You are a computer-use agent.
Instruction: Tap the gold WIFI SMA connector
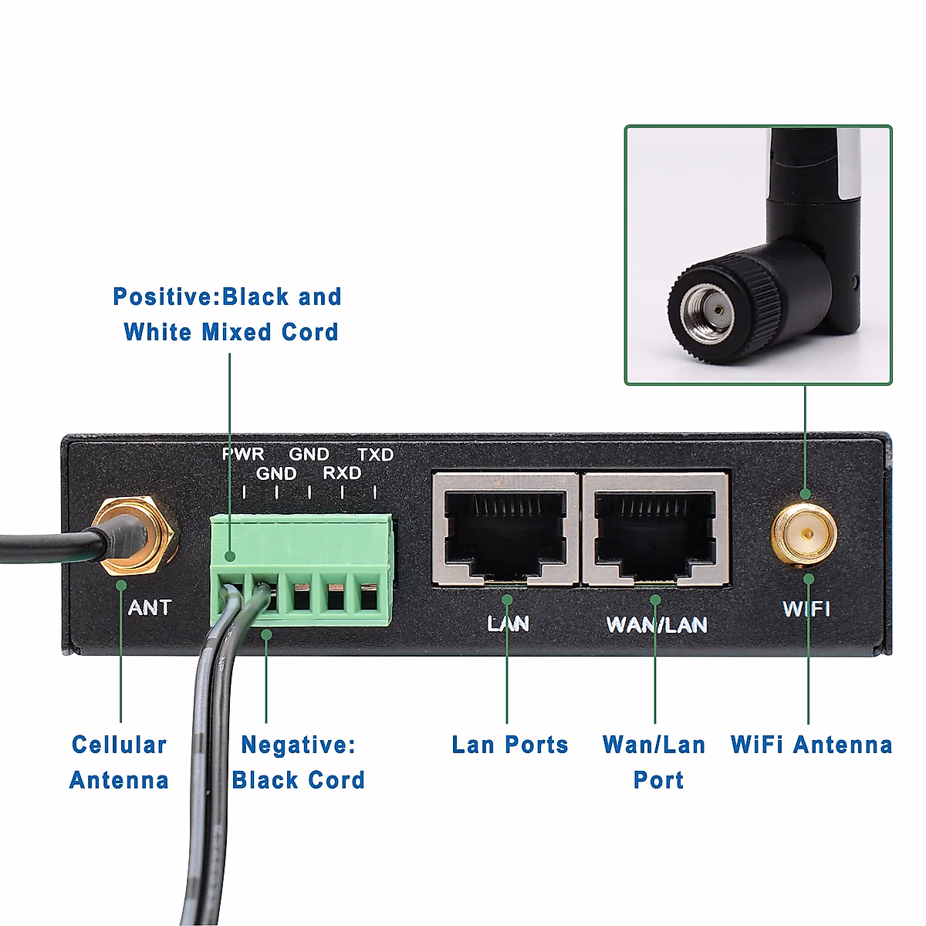pyautogui.click(x=805, y=534)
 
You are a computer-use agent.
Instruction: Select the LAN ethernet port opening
pyautogui.click(x=505, y=532)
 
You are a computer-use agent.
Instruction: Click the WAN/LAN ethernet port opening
pyautogui.click(x=654, y=532)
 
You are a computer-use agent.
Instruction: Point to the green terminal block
pyautogui.click(x=301, y=567)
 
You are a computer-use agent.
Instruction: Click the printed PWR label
pyautogui.click(x=243, y=455)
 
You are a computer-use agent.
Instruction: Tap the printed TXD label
pyautogui.click(x=376, y=455)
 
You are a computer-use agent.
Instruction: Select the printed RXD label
pyautogui.click(x=342, y=473)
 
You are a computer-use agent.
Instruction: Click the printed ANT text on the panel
pyautogui.click(x=149, y=608)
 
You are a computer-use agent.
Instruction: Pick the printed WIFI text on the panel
pyautogui.click(x=806, y=609)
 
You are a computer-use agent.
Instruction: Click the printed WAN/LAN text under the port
pyautogui.click(x=657, y=624)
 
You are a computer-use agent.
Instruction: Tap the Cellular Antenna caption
pyautogui.click(x=119, y=762)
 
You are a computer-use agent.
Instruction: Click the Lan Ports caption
pyautogui.click(x=509, y=745)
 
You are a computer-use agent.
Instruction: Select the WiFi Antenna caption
pyautogui.click(x=811, y=745)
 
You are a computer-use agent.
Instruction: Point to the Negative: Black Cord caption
pyautogui.click(x=298, y=762)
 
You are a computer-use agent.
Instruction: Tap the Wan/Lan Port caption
pyautogui.click(x=654, y=762)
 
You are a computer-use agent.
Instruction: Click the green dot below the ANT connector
pyautogui.click(x=121, y=585)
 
